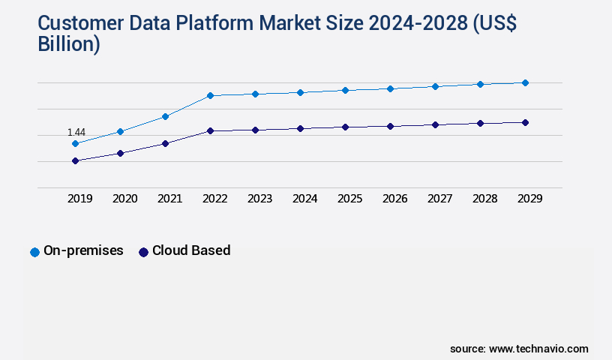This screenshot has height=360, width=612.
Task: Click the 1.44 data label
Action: coord(76,132)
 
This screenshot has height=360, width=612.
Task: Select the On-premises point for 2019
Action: coord(75,143)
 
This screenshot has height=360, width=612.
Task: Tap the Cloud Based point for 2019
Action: coord(75,160)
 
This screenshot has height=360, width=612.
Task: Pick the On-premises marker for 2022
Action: coord(210,95)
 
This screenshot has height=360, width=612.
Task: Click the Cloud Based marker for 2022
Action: coord(210,130)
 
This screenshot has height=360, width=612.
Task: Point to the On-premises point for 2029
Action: coord(525,82)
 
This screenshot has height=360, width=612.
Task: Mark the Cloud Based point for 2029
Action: coord(525,122)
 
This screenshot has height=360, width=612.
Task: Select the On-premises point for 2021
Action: coord(165,116)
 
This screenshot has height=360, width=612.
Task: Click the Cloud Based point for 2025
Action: coord(345,127)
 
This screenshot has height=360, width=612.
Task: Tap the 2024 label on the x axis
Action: coord(304,199)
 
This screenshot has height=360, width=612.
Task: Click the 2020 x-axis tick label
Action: coord(124,199)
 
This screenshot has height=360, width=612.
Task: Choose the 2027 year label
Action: coord(439,199)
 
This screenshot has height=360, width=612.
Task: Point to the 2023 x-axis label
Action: coord(259,199)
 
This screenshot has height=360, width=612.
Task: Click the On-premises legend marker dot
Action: coord(34,252)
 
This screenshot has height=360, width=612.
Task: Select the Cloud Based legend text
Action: coord(191,250)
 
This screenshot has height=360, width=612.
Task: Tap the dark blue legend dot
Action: coord(143,252)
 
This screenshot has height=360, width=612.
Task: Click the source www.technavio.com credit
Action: coord(519,349)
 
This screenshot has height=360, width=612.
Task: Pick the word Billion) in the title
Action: coord(69,44)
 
